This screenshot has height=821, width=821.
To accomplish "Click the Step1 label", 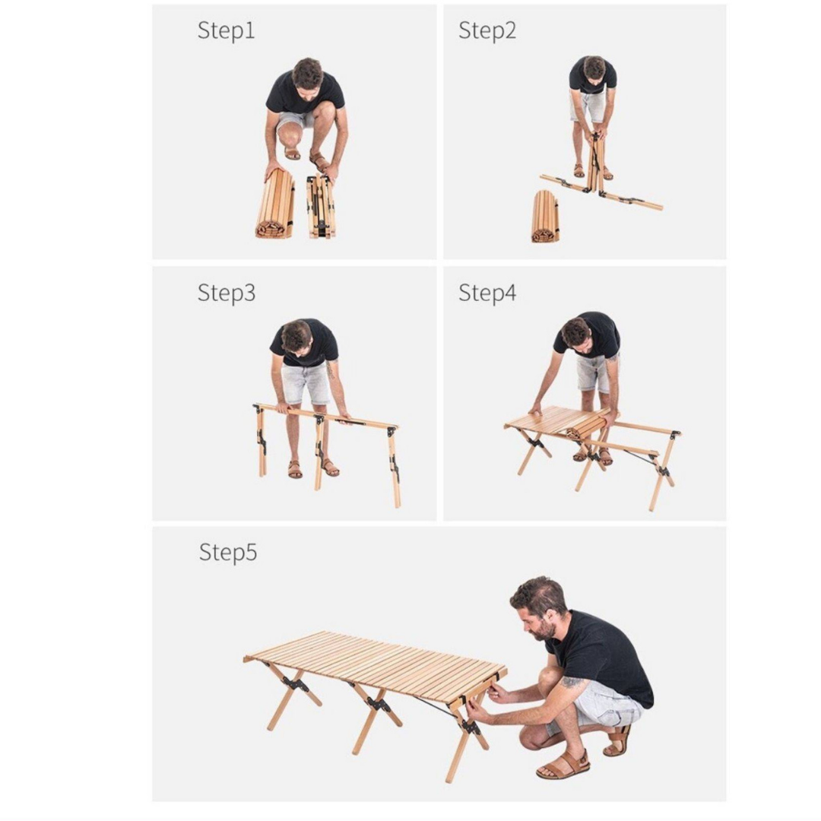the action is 227,30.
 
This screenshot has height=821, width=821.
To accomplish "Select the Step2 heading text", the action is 487,30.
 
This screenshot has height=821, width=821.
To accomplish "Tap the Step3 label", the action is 227,292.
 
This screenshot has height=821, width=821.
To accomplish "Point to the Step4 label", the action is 487,292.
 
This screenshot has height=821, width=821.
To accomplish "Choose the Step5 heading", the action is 228,552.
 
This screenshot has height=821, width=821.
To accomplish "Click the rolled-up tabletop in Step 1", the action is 275,204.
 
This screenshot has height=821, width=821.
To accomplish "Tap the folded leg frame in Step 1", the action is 321,206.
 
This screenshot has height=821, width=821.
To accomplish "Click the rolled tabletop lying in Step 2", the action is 545,217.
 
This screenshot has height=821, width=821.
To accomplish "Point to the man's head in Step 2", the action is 594,68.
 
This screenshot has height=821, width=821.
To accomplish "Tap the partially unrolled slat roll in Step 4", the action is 588,424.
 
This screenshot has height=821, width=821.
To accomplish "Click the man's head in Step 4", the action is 576,332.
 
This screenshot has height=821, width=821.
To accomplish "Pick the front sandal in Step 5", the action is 563,765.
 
